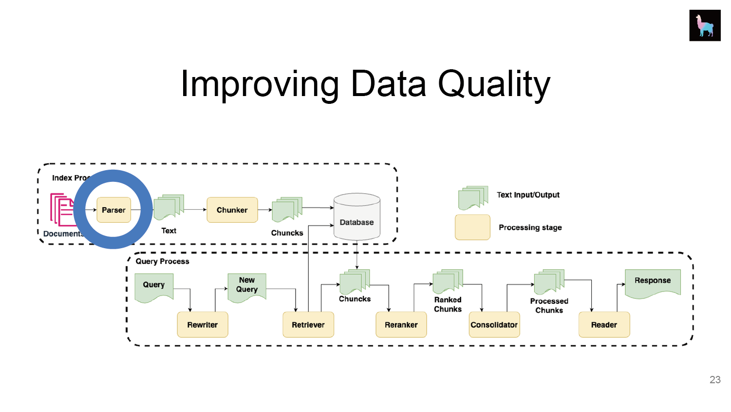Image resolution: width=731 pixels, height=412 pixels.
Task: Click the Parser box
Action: [113, 210]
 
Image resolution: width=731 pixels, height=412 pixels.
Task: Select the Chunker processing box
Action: [232, 210]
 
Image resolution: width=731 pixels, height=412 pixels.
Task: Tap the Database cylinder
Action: [357, 217]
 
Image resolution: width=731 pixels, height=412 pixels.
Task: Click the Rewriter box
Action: [203, 325]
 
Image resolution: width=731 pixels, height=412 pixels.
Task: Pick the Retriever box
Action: [308, 325]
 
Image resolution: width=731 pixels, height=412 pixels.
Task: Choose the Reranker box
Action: [401, 325]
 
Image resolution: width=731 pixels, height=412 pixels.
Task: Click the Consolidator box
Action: [494, 325]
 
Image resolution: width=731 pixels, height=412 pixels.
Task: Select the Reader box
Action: [604, 325]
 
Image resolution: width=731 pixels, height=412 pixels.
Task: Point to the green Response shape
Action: [653, 283]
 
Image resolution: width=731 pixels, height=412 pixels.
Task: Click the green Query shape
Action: [154, 287]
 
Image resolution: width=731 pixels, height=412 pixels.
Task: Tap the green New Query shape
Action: [247, 286]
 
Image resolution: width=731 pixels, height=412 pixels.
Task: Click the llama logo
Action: [705, 25]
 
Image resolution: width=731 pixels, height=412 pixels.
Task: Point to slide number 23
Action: [715, 380]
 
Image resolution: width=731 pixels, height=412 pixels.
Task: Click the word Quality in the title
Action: [494, 84]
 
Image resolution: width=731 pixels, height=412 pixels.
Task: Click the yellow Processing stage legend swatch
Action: [472, 227]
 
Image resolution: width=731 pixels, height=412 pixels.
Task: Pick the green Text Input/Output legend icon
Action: [472, 197]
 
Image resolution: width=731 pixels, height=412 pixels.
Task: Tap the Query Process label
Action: [162, 261]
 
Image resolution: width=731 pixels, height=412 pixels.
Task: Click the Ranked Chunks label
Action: [448, 304]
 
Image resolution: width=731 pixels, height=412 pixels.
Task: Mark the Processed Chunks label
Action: [549, 306]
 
